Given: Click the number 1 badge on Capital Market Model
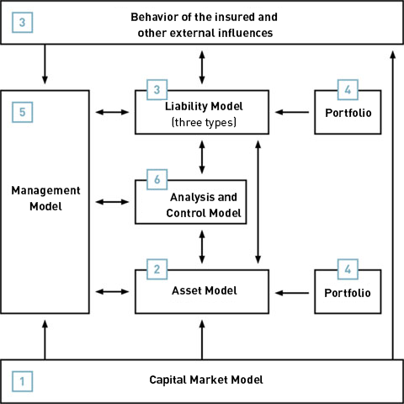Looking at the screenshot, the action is [x=23, y=381].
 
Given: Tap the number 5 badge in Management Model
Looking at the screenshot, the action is [x=23, y=112].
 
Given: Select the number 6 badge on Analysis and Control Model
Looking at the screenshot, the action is [x=157, y=179].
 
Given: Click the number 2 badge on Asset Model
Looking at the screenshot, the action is [x=157, y=269].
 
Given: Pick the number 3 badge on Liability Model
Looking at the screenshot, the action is [x=157, y=90].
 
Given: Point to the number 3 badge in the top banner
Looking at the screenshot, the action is [x=23, y=23].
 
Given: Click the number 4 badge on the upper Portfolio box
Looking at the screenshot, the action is [x=348, y=90].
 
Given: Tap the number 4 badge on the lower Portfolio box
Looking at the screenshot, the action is [x=348, y=269].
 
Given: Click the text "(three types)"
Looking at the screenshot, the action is [x=204, y=123].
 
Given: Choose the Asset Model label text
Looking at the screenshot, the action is [x=205, y=290].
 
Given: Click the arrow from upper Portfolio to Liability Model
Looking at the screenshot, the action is [x=292, y=112].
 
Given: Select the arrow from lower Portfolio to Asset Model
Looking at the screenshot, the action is [x=292, y=293].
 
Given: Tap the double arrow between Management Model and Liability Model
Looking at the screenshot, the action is [x=112, y=112].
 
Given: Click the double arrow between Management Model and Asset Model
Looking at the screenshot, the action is [x=112, y=292].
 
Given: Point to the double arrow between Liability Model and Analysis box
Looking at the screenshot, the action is [x=202, y=157].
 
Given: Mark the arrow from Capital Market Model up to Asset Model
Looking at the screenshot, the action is [x=202, y=340].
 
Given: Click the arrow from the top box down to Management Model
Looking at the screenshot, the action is [x=45, y=64].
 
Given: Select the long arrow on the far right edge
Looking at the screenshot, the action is [x=393, y=205].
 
